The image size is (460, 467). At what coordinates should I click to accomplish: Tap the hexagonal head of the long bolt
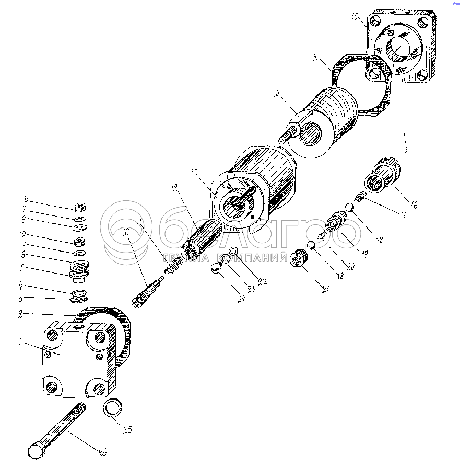click(x=37, y=451)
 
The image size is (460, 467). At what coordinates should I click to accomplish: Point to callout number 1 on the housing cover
click(x=19, y=343)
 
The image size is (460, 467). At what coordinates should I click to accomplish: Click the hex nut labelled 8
click(x=81, y=206)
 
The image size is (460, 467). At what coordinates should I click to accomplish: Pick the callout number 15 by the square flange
click(x=356, y=18)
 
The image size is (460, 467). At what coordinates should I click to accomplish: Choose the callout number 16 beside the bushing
click(x=413, y=205)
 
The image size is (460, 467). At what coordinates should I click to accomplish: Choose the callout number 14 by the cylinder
click(x=276, y=94)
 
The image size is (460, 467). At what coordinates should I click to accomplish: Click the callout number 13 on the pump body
click(x=194, y=171)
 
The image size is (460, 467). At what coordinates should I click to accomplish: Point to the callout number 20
click(x=351, y=267)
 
